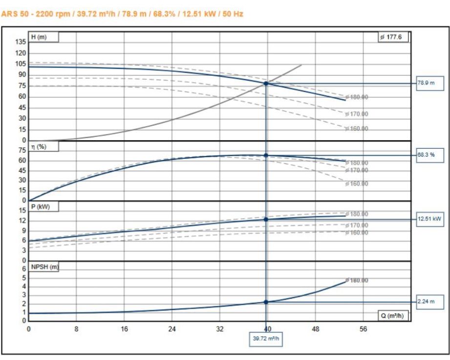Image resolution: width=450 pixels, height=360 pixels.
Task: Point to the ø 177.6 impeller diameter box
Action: pyautogui.click(x=393, y=37)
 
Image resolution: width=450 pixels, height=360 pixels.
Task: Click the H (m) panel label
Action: pyautogui.click(x=44, y=37)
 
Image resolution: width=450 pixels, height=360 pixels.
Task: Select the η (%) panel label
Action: pyautogui.click(x=44, y=147)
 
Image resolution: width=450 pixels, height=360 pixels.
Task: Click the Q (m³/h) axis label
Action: pyautogui.click(x=393, y=316)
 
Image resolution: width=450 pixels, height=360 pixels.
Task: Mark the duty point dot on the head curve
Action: pyautogui.click(x=266, y=84)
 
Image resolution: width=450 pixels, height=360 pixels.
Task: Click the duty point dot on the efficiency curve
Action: pyautogui.click(x=266, y=155)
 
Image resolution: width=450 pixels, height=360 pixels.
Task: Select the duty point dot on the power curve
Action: pyautogui.click(x=266, y=219)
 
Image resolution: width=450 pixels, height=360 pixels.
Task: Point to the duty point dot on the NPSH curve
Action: pyautogui.click(x=266, y=302)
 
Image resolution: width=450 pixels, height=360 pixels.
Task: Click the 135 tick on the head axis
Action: pyautogui.click(x=21, y=42)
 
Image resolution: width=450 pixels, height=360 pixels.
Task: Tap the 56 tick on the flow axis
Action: pyautogui.click(x=364, y=329)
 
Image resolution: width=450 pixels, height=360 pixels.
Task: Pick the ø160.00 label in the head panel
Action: pyautogui.click(x=357, y=129)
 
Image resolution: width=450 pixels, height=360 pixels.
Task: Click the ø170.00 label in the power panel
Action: pyautogui.click(x=357, y=225)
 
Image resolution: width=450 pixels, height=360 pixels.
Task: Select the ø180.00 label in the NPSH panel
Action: pyautogui.click(x=357, y=281)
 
